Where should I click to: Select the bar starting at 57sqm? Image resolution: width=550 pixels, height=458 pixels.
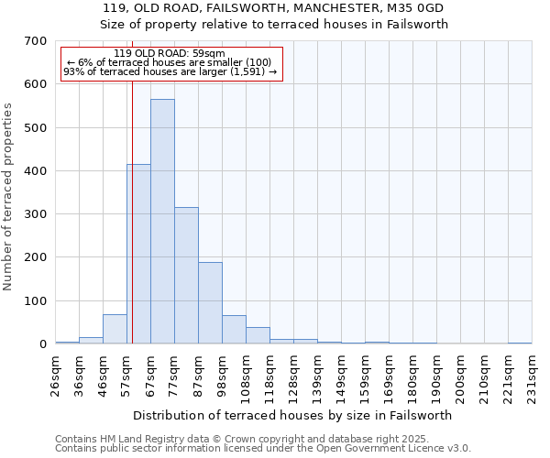[x=138, y=254]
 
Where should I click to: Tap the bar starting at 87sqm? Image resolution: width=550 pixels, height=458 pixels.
[x=210, y=302]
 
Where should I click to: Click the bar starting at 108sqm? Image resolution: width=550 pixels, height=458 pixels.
[x=258, y=335]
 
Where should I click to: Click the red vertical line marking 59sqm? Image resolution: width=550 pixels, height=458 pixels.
[x=132, y=229]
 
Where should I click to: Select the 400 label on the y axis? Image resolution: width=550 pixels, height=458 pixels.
[x=36, y=171]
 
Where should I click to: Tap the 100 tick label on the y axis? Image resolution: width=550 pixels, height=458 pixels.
[x=36, y=301]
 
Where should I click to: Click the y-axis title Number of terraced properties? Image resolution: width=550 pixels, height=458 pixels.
[x=8, y=196]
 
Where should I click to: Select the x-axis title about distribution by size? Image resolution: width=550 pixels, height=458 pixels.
[x=293, y=415]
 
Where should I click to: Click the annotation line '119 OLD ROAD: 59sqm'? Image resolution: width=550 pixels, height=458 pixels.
[x=171, y=53]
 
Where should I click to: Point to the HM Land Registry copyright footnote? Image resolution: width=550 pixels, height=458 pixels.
[x=262, y=439]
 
